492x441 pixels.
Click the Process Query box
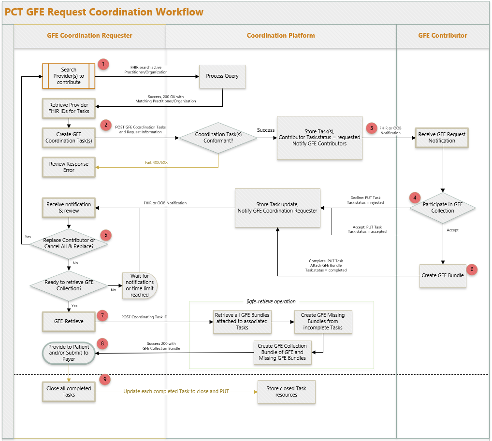point(222,76)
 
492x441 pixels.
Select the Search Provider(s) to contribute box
point(69,76)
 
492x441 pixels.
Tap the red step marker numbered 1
point(103,64)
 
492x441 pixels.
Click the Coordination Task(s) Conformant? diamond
point(218,138)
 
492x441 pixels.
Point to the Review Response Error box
point(69,167)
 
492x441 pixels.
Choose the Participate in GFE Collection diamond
point(442,208)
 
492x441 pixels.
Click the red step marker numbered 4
point(415,198)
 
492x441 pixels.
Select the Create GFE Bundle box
point(442,276)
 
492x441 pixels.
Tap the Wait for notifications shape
point(140,285)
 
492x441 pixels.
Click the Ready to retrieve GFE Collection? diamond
point(69,285)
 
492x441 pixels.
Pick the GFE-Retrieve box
point(69,322)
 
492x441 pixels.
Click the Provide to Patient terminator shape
point(69,353)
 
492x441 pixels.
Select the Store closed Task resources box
point(286,392)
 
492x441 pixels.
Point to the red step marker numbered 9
point(105,380)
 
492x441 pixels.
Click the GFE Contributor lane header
point(442,36)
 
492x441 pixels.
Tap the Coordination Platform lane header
point(281,36)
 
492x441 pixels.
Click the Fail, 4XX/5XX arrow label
point(156,162)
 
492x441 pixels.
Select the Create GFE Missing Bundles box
point(323,322)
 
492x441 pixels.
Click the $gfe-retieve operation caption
point(271,301)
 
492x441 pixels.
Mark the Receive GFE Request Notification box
point(442,138)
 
